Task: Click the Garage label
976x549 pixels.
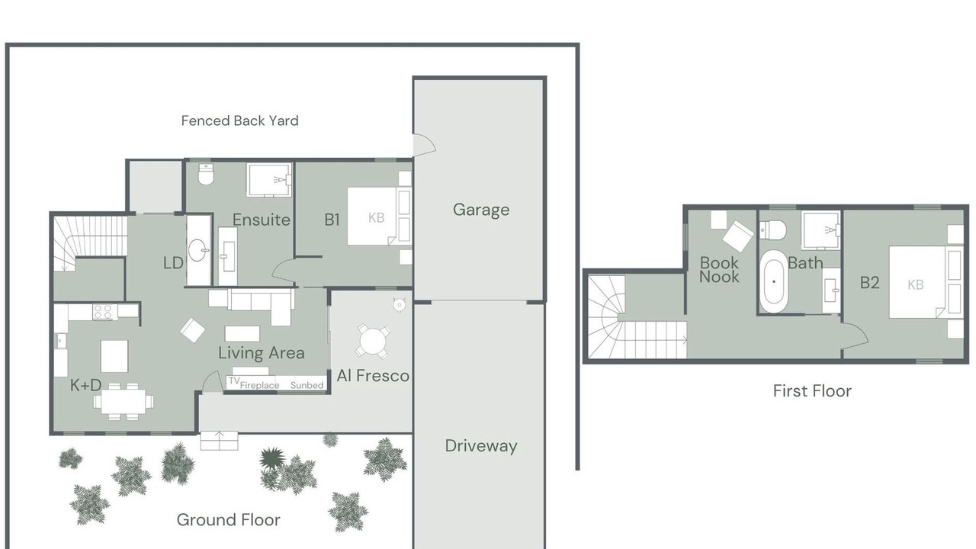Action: (481, 210)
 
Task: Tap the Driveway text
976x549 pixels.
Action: (481, 446)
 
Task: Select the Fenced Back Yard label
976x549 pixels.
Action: (239, 120)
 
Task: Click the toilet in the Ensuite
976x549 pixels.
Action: (206, 175)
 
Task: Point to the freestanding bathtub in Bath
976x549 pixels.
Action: (773, 281)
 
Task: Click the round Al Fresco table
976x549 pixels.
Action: (373, 340)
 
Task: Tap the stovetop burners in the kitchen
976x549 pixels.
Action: (104, 312)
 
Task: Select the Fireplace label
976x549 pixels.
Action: (260, 385)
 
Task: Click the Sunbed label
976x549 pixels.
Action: (307, 385)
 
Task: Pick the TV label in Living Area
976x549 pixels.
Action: (234, 380)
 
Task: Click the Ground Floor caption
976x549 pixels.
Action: (228, 520)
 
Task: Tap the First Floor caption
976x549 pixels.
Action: (812, 391)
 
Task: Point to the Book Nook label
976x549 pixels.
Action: (719, 270)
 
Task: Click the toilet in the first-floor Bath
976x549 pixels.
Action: (772, 230)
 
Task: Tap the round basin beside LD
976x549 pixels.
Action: (198, 250)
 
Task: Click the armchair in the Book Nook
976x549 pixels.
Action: (737, 236)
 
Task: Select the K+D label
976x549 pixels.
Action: (86, 385)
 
